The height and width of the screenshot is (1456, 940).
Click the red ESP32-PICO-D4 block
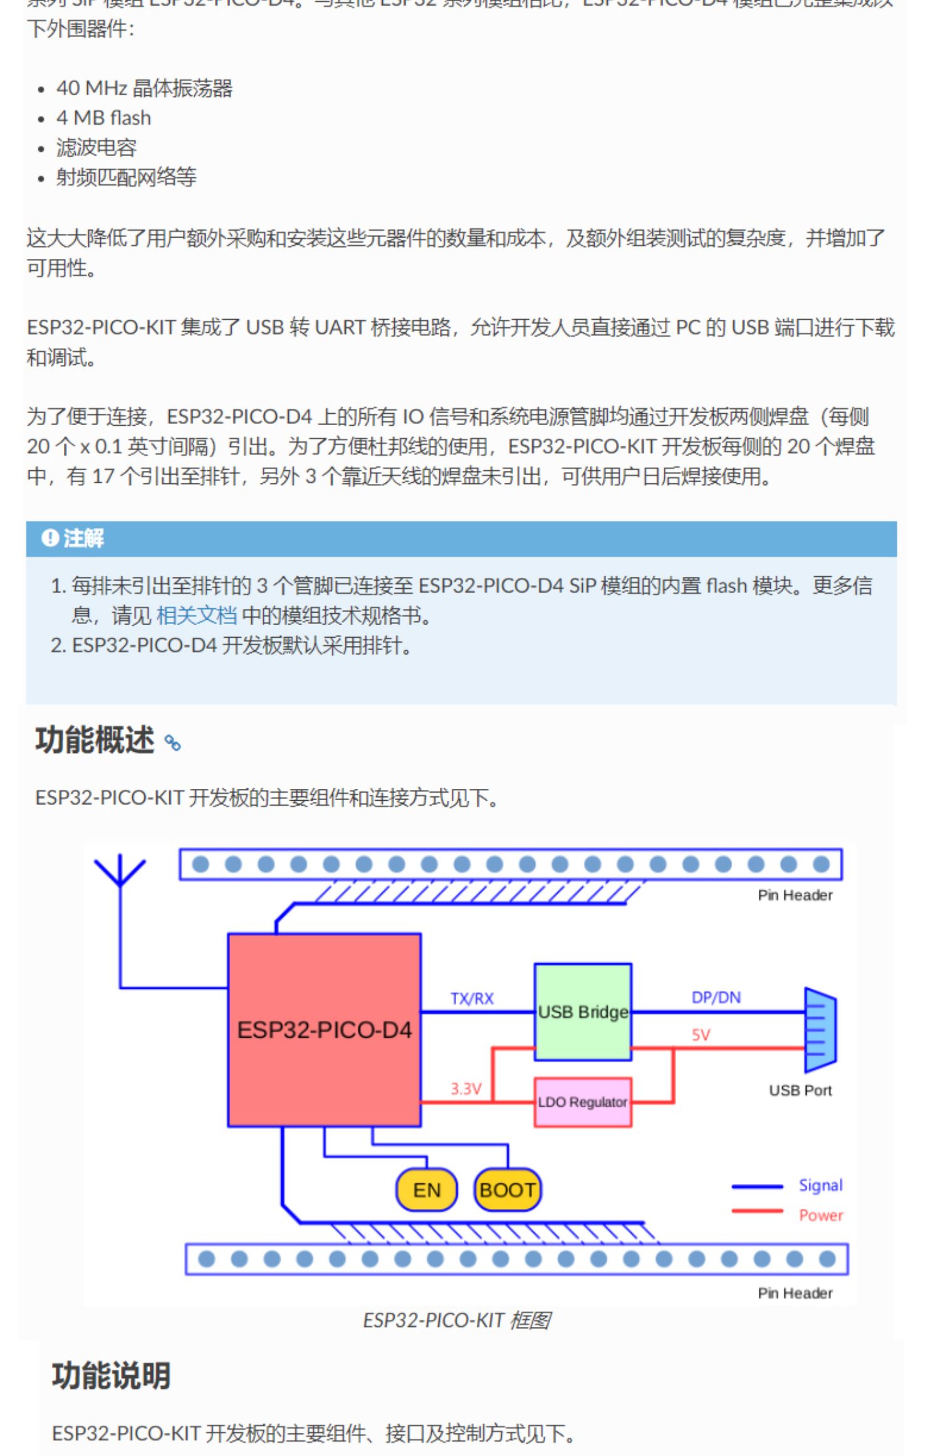(324, 1030)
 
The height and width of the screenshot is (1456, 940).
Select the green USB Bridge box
(583, 1011)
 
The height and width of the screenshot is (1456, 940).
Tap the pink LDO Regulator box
(583, 1102)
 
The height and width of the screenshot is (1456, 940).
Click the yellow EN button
(427, 1190)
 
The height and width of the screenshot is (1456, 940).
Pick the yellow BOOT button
(508, 1190)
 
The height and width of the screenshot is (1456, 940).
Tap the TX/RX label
(472, 998)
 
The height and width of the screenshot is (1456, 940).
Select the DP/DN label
(716, 997)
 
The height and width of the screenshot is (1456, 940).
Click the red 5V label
(701, 1035)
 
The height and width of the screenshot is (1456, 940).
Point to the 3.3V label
(466, 1089)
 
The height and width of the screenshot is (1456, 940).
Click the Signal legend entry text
(820, 1185)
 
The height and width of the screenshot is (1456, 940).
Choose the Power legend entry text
(820, 1215)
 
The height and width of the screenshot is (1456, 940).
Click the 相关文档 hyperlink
(196, 616)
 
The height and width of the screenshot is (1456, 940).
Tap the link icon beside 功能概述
(172, 743)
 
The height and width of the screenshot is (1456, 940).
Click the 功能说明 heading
(111, 1376)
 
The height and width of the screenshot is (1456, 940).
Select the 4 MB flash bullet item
(103, 118)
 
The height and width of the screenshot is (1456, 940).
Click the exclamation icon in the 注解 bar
(50, 537)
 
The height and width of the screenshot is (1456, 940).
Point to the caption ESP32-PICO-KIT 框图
(457, 1320)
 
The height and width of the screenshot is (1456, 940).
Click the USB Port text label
(800, 1090)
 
